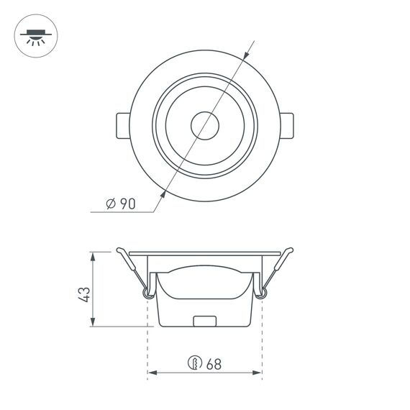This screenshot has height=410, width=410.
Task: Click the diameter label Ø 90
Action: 120,203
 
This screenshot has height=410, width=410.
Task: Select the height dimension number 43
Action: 84,293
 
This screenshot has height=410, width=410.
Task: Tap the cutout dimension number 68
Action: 213,363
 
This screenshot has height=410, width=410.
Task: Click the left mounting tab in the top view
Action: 122,127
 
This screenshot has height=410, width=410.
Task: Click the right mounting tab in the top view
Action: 287,127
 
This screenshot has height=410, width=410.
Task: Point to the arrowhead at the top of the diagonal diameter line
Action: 247,53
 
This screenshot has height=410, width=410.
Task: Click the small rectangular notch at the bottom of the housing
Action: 206,321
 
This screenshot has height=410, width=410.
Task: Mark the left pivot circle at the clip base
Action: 148,291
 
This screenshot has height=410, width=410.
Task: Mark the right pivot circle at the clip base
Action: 261,291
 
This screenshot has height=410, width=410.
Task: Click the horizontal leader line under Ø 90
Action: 122,213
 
